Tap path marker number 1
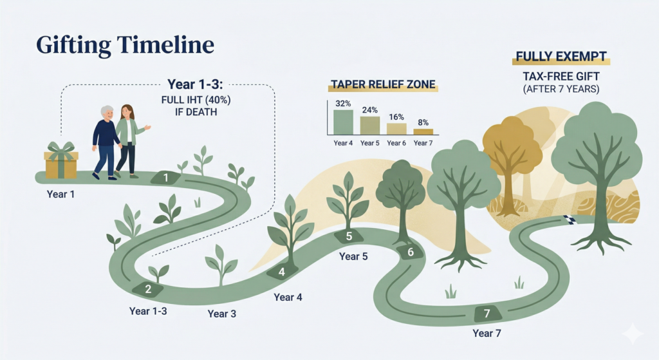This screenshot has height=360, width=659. [x=166, y=178]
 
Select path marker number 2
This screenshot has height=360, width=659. [x=147, y=289]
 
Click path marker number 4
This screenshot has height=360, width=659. [x=281, y=272]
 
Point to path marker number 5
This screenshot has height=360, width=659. [x=349, y=236]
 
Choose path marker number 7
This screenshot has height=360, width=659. [x=487, y=314]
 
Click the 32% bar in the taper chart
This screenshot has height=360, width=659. [x=344, y=121]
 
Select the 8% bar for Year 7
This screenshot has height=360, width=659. [x=423, y=131]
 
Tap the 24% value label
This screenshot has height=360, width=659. [x=369, y=110]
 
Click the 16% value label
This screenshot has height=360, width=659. [x=396, y=117]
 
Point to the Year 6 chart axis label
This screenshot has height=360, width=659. [x=396, y=142]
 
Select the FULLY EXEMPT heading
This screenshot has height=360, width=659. [x=561, y=57]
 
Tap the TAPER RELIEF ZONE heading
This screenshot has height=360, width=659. [x=383, y=84]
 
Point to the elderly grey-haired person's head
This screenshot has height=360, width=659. [x=106, y=113]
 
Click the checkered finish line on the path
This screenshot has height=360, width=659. [x=569, y=220]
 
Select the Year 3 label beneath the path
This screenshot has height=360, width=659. [x=221, y=314]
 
